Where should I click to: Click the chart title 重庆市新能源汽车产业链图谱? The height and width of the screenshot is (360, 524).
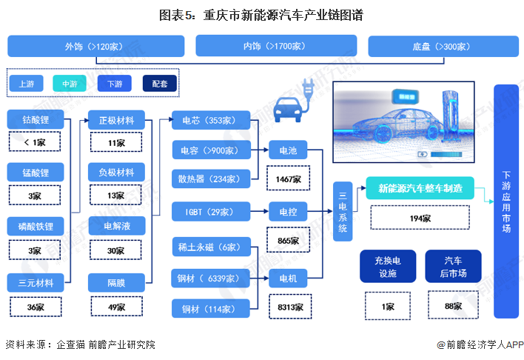coord(261,14)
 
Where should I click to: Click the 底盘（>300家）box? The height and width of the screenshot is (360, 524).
coord(441,46)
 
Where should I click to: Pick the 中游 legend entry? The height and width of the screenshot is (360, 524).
coord(70,84)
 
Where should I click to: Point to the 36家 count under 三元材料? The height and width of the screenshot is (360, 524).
coord(36,307)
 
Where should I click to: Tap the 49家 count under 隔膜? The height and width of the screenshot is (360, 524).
coord(116,307)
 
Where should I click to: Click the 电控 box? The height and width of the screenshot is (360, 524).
coord(288,212)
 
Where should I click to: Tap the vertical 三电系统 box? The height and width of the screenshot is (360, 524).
coord(342,211)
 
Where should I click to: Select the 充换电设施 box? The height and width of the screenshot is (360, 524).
coord(387,267)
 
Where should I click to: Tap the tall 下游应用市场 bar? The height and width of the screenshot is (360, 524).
coord(506,200)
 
